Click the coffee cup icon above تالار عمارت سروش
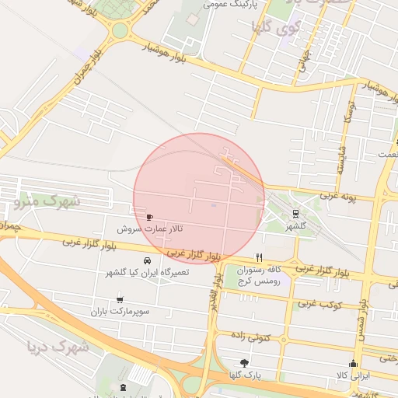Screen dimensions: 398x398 click(149, 216)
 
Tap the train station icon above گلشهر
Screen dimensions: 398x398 click(295, 213)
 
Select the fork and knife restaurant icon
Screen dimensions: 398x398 click(260, 258)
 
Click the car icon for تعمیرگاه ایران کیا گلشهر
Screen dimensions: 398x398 click(148, 260)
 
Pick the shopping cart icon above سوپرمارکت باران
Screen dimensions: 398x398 click(119, 298)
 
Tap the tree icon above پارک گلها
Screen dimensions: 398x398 click(244, 363)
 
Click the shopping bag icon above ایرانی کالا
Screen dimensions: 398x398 click(353, 364)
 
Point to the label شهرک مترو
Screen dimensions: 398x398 click(47, 202)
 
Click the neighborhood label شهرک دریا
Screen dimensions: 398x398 click(55, 347)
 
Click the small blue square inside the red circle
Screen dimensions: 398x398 click(213, 206)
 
